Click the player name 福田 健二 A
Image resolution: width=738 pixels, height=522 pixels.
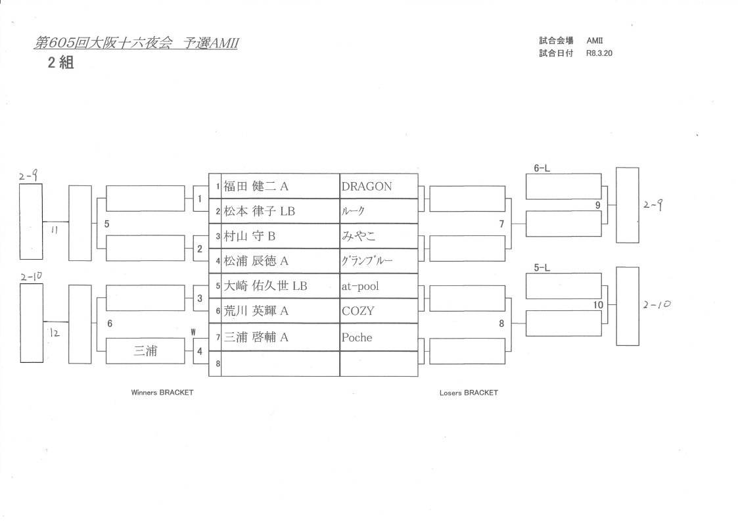[256, 187]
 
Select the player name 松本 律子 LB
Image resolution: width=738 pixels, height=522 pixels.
[259, 212]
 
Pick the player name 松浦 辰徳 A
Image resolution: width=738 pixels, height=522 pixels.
[256, 261]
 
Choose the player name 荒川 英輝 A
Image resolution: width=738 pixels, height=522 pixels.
[256, 311]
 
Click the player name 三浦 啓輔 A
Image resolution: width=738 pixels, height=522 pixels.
[256, 337]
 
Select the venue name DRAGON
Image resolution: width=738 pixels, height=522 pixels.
[367, 187]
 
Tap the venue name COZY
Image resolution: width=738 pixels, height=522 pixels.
[357, 311]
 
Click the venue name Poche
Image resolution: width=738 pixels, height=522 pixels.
[356, 337]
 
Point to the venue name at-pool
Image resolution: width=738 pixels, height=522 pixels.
[360, 286]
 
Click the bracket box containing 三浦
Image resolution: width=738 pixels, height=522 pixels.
[145, 351]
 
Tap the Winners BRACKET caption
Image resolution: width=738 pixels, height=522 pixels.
[162, 392]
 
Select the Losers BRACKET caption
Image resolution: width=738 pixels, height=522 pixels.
[469, 392]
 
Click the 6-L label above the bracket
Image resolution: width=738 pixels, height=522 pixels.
[542, 169]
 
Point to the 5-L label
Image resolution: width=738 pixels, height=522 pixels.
[542, 268]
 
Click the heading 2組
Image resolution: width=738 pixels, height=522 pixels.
[59, 63]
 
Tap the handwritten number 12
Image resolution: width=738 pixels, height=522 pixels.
[55, 333]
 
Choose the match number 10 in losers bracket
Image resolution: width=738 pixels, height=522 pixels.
[597, 304]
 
